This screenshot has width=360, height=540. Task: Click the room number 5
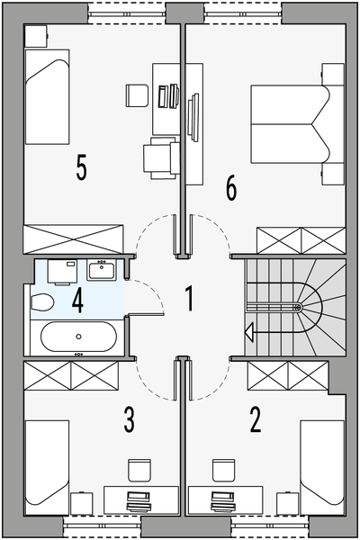tap(82, 167)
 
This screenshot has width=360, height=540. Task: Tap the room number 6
tap(231, 188)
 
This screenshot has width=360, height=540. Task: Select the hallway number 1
tap(189, 299)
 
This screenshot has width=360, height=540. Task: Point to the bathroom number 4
tap(78, 301)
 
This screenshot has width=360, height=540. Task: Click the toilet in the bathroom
tap(42, 302)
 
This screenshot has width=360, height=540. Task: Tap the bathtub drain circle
tap(79, 337)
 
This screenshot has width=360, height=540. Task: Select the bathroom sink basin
tap(102, 270)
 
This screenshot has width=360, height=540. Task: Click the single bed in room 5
tap(48, 97)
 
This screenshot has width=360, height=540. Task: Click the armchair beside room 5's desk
tap(161, 157)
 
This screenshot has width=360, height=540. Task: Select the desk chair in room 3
tap(139, 470)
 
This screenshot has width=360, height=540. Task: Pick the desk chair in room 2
tap(223, 470)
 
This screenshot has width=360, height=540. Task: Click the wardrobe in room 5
tap(73, 239)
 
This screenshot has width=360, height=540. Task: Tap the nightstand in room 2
tap(287, 503)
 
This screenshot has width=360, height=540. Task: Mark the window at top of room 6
tap(243, 13)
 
